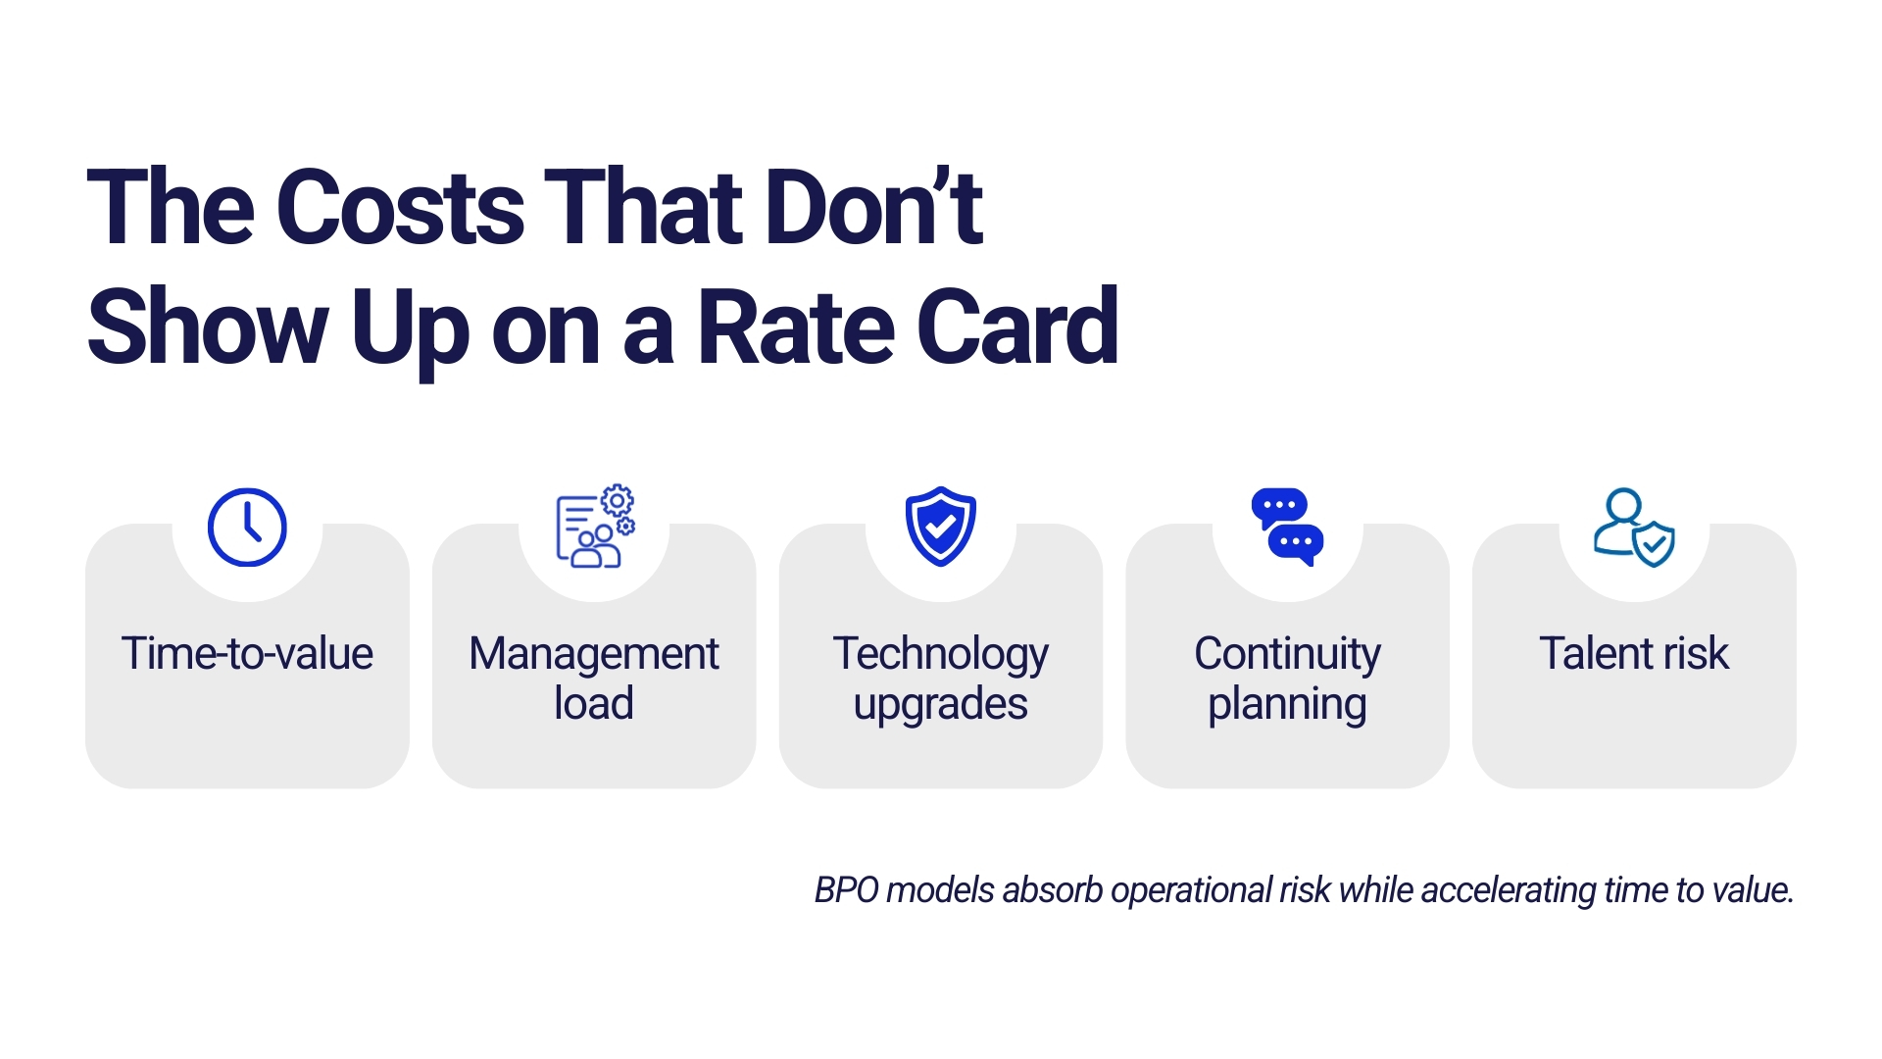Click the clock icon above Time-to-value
click(x=247, y=528)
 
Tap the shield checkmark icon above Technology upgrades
click(x=941, y=527)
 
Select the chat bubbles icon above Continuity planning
click(x=1287, y=528)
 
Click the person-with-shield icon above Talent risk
click(x=1634, y=528)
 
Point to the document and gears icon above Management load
click(x=595, y=527)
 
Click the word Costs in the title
click(x=401, y=207)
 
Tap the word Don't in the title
click(x=874, y=207)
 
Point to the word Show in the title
click(x=208, y=328)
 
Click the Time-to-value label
click(x=247, y=653)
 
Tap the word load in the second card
click(x=594, y=703)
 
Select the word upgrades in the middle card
click(x=941, y=705)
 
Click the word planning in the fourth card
click(x=1287, y=705)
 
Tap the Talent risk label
click(x=1634, y=653)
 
